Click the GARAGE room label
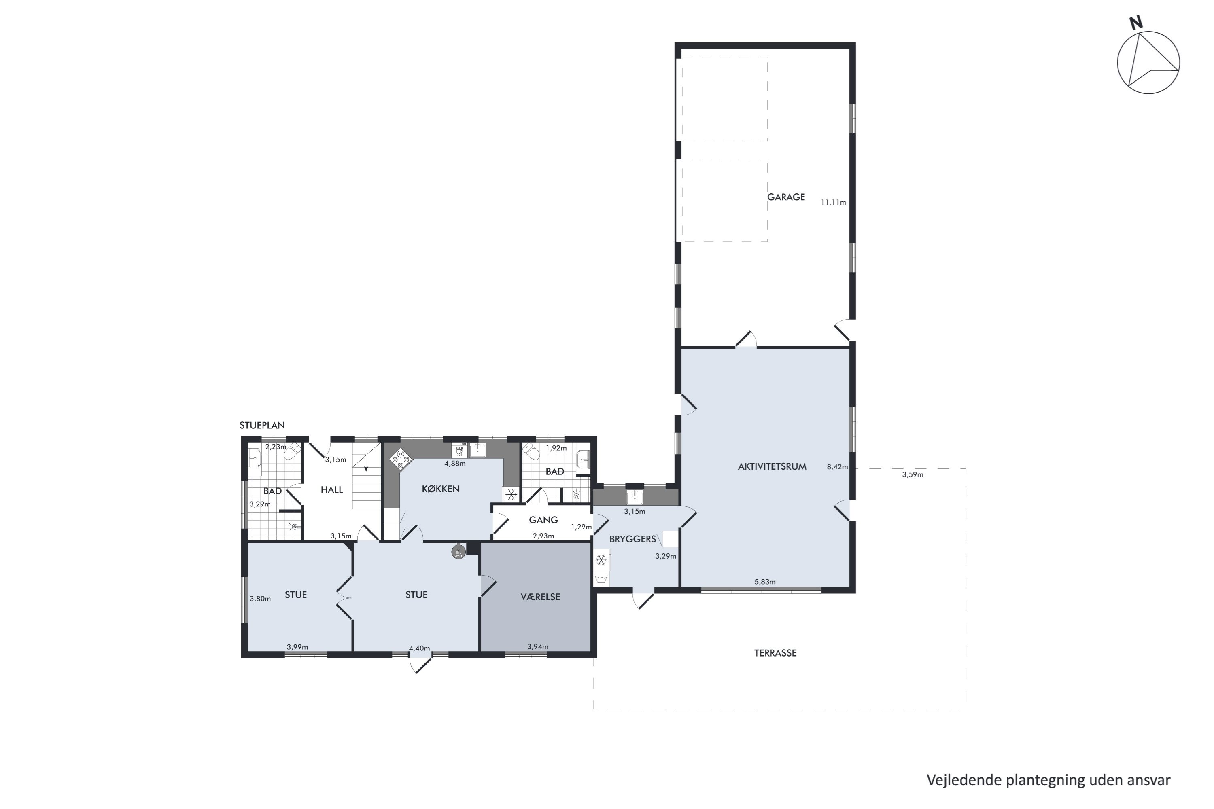pyautogui.click(x=785, y=197)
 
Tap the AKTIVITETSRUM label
pyautogui.click(x=772, y=466)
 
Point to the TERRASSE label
pyautogui.click(x=775, y=653)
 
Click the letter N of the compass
pyautogui.click(x=1135, y=23)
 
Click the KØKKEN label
pyautogui.click(x=440, y=489)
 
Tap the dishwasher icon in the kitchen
pyautogui.click(x=459, y=451)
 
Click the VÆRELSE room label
pyautogui.click(x=540, y=597)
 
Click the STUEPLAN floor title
pyautogui.click(x=262, y=426)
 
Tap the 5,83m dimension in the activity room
pyautogui.click(x=764, y=582)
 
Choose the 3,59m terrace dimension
pyautogui.click(x=912, y=474)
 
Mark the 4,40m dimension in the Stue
pyautogui.click(x=419, y=648)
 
